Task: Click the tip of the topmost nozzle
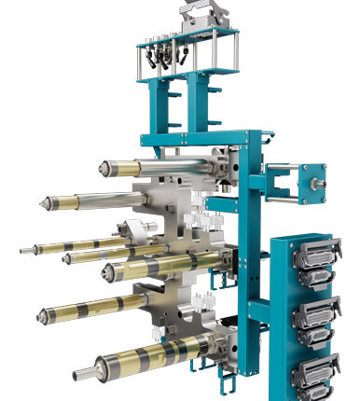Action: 102,169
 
